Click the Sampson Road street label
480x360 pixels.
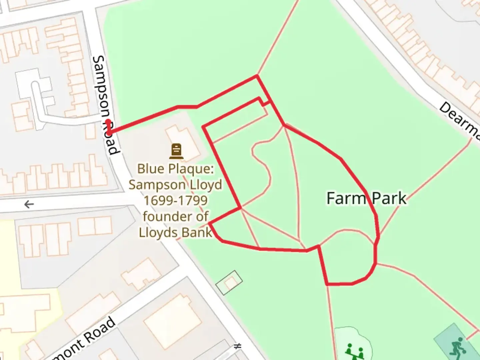pyautogui.click(x=105, y=105)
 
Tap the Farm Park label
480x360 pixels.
pyautogui.click(x=366, y=198)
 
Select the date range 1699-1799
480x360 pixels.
pyautogui.click(x=175, y=201)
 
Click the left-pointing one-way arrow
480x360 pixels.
pyautogui.click(x=29, y=204)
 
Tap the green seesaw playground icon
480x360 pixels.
pyautogui.click(x=354, y=351)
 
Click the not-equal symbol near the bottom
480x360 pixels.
pyautogui.click(x=237, y=346)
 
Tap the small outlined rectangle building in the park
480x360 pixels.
pyautogui.click(x=229, y=282)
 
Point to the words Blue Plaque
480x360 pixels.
pyautogui.click(x=175, y=169)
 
